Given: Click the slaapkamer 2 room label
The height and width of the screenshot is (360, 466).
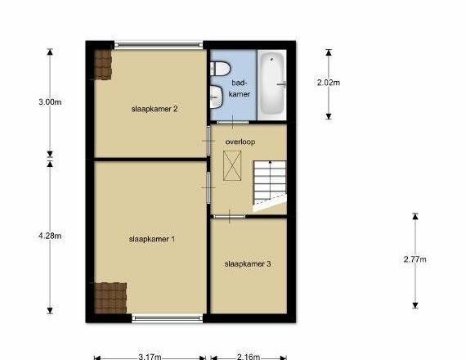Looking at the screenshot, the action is [155, 109].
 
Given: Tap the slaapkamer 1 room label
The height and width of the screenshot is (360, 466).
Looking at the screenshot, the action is [152, 239].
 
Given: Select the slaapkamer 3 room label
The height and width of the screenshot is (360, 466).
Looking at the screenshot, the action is [248, 264].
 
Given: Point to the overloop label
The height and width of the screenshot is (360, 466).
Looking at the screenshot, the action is [240, 142].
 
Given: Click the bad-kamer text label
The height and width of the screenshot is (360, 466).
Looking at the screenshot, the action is [240, 88].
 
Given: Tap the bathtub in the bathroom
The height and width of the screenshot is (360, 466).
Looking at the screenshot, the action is [272, 84].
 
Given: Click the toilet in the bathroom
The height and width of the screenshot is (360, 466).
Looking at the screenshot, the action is [220, 69].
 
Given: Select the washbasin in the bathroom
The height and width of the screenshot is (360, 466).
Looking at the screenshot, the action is [217, 97].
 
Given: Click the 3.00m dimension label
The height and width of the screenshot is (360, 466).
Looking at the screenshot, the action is [50, 102].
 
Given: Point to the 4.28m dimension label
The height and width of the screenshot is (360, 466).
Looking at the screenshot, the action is [50, 236].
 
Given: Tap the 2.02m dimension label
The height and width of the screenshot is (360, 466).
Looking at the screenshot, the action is [329, 83].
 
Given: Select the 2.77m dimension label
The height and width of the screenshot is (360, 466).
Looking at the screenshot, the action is [414, 259].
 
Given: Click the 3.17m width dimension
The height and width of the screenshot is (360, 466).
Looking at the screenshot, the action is [150, 357].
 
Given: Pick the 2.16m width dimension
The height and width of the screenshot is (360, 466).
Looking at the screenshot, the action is [249, 357].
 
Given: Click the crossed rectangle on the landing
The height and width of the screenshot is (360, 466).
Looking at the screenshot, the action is [232, 165].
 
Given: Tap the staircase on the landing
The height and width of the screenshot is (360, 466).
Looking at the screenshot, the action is [270, 186].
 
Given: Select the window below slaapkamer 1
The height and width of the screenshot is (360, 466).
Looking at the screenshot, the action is [167, 318].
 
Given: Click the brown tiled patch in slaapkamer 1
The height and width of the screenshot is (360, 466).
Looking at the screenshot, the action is [110, 298].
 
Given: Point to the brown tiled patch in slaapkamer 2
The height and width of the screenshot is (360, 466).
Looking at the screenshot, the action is [103, 65].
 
